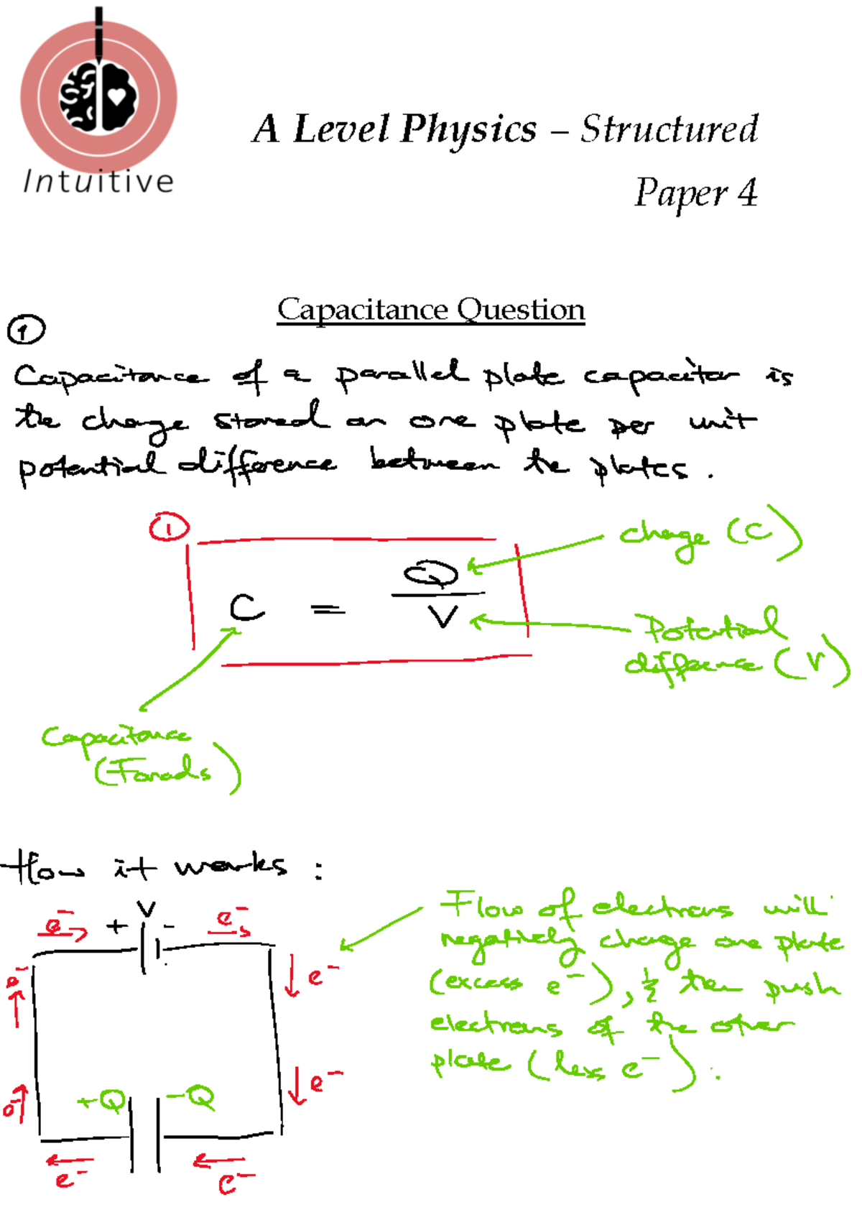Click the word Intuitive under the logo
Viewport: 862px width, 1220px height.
click(x=98, y=182)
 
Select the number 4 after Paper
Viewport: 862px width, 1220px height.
click(x=747, y=193)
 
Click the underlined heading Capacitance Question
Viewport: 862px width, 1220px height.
click(x=431, y=310)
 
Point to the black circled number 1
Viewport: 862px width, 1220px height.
click(x=26, y=331)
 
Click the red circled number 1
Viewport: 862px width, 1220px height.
click(x=169, y=528)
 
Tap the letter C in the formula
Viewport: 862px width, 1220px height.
click(x=246, y=608)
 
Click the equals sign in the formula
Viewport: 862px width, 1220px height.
click(x=328, y=610)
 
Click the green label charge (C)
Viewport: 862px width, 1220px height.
click(x=708, y=535)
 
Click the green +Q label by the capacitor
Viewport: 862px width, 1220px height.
click(x=103, y=1100)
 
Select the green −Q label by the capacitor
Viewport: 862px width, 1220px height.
click(x=191, y=1097)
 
